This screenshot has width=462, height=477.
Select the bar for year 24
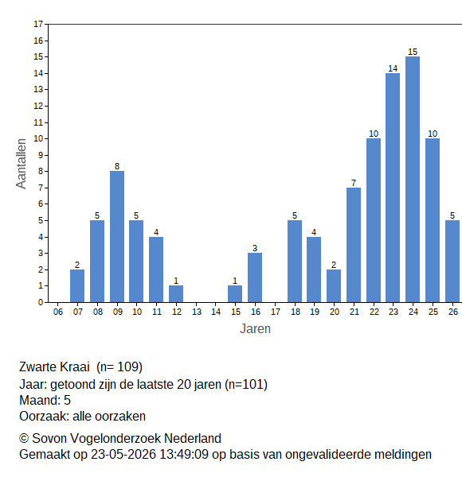(x=413, y=179)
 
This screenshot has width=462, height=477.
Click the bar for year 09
(x=117, y=236)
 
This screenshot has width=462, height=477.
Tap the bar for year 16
(x=255, y=277)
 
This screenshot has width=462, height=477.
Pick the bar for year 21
(x=354, y=245)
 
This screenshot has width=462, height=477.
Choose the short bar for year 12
(x=176, y=294)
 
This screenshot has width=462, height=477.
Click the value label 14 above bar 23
(x=393, y=68)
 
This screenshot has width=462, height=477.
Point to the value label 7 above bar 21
(x=354, y=183)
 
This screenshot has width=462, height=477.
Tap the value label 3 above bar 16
(x=255, y=248)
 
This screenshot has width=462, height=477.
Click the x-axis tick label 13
(x=197, y=312)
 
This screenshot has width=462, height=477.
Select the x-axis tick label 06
(x=58, y=312)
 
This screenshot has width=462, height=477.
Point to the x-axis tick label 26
(x=453, y=312)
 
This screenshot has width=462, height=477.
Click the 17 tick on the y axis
(x=38, y=24)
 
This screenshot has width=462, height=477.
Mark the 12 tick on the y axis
(x=38, y=107)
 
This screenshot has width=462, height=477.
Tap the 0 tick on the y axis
(x=41, y=302)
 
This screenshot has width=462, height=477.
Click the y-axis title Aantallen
(x=22, y=164)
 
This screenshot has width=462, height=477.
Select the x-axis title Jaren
(x=255, y=329)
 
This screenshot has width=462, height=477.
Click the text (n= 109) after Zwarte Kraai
(x=119, y=366)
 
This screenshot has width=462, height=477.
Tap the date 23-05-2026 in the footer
(x=123, y=455)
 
